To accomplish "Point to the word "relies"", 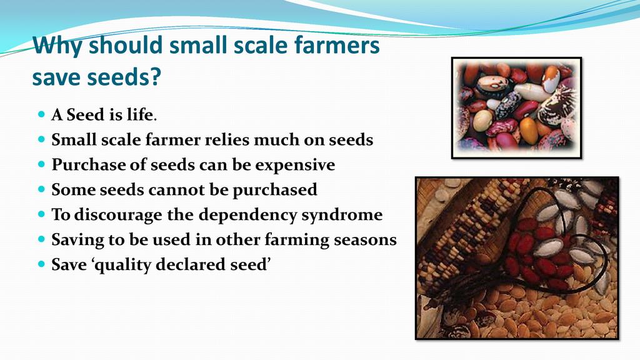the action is coord(227,139).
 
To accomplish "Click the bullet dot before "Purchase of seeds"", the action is coord(41,164).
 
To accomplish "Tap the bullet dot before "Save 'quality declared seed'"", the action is coord(41,264).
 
